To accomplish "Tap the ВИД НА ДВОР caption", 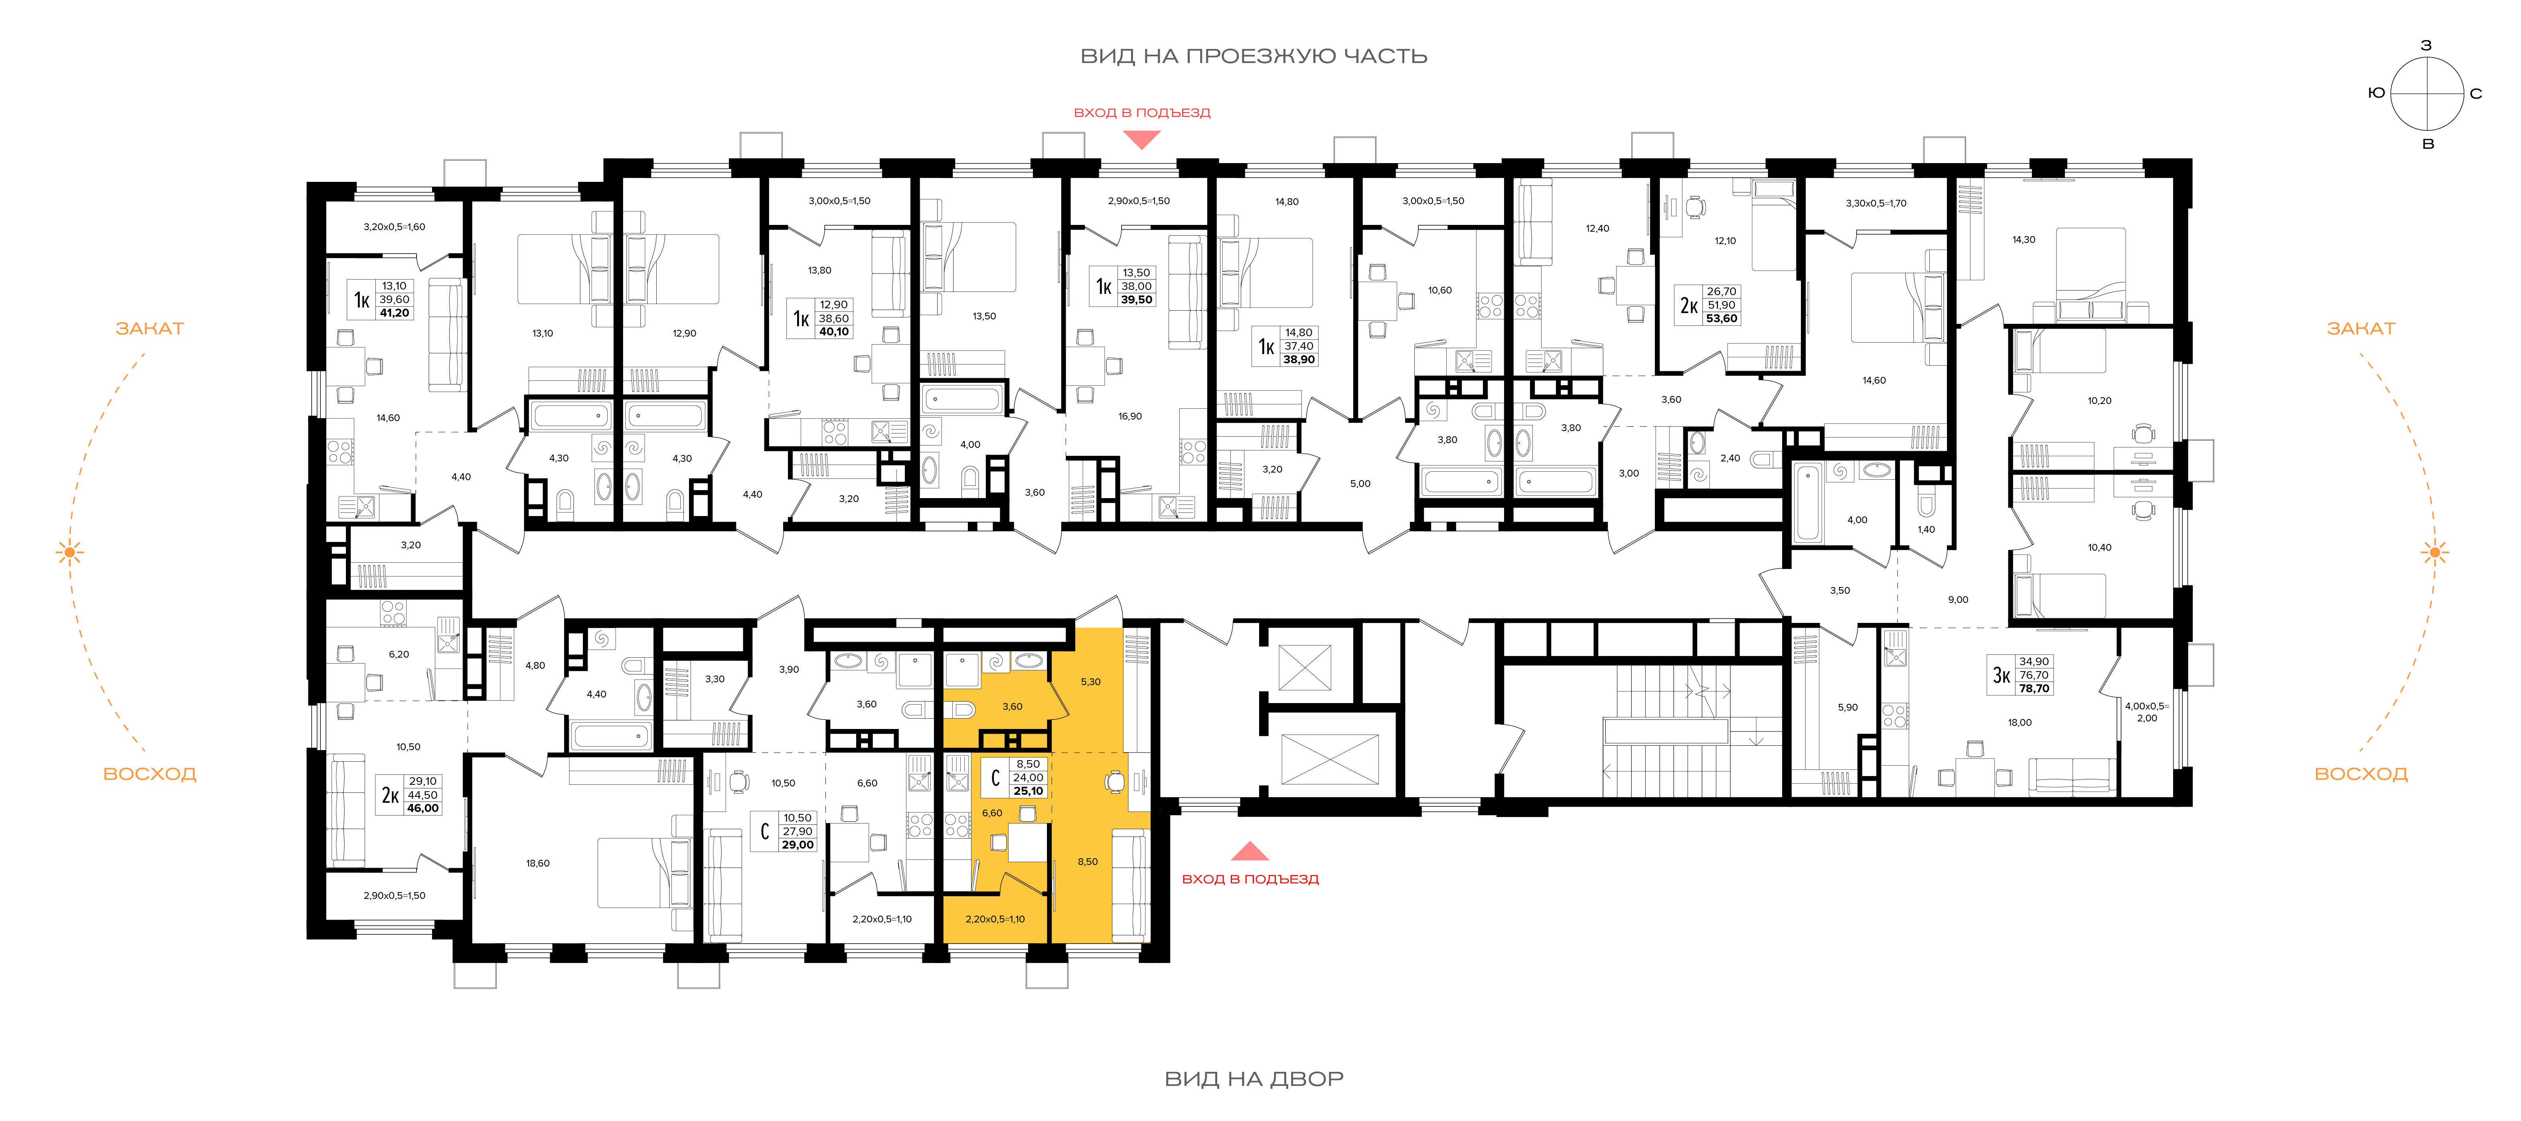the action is [x=1254, y=1079].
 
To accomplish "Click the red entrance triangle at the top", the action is [x=1141, y=140].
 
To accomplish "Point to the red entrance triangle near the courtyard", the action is [x=1250, y=851].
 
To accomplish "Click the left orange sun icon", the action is [x=69, y=553].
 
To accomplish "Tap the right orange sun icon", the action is [x=2435, y=553].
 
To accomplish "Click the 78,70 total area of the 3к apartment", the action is [x=2033, y=689].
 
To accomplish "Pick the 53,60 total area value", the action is [x=1721, y=319].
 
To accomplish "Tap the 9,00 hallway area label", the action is [x=1958, y=600].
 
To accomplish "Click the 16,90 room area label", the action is [x=1130, y=417].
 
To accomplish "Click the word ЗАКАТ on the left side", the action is [x=150, y=329].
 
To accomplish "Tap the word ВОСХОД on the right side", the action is [x=2361, y=774].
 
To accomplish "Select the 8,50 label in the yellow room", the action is [x=1087, y=862].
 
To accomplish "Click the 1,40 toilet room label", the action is [x=1926, y=530].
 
